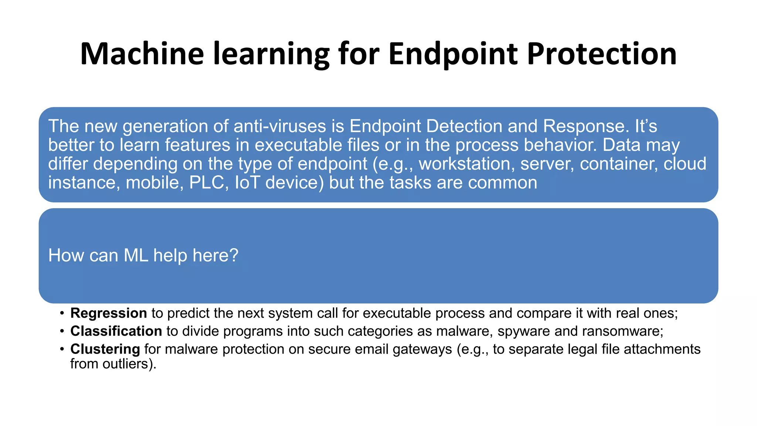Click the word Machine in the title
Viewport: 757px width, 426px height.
(142, 54)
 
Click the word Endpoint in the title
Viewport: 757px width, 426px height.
(453, 54)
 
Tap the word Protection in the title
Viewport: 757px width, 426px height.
(602, 54)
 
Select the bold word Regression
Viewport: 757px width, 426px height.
(109, 313)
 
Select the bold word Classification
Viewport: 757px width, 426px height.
(116, 331)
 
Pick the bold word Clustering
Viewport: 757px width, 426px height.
(105, 349)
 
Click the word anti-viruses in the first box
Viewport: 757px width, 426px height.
(280, 126)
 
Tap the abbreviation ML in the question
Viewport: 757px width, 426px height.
(136, 256)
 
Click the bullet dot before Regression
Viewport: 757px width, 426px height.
(62, 314)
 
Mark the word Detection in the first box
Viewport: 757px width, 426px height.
(464, 126)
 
